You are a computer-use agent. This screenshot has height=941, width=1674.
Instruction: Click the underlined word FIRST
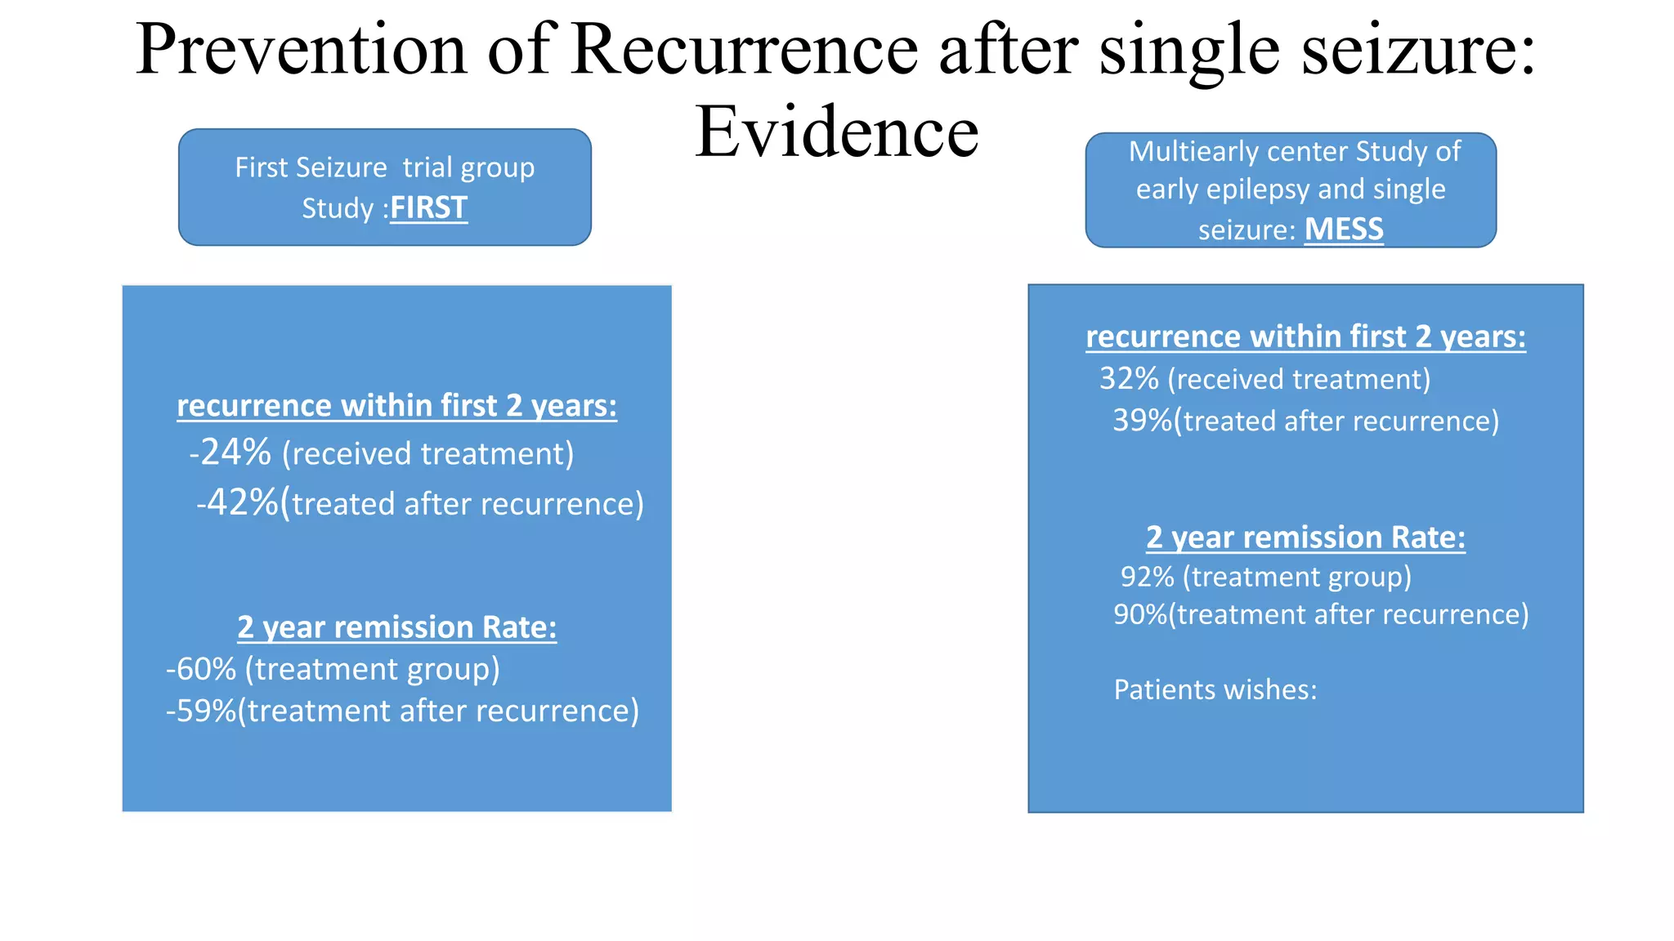[x=428, y=207]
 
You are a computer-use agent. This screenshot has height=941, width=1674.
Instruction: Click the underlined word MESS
[x=1344, y=229]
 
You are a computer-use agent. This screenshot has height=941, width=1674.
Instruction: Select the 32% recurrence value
[x=1130, y=379]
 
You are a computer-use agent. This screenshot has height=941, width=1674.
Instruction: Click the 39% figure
[x=1142, y=421]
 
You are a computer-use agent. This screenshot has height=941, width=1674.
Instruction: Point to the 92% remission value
[x=1148, y=577]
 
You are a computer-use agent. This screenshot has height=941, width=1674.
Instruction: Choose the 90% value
[x=1140, y=614]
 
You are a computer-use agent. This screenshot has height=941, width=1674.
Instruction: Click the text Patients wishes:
[x=1215, y=689]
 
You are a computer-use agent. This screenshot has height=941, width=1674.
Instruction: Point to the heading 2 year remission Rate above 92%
[x=1305, y=537]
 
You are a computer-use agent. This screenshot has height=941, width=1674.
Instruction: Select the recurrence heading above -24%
[x=396, y=406]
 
